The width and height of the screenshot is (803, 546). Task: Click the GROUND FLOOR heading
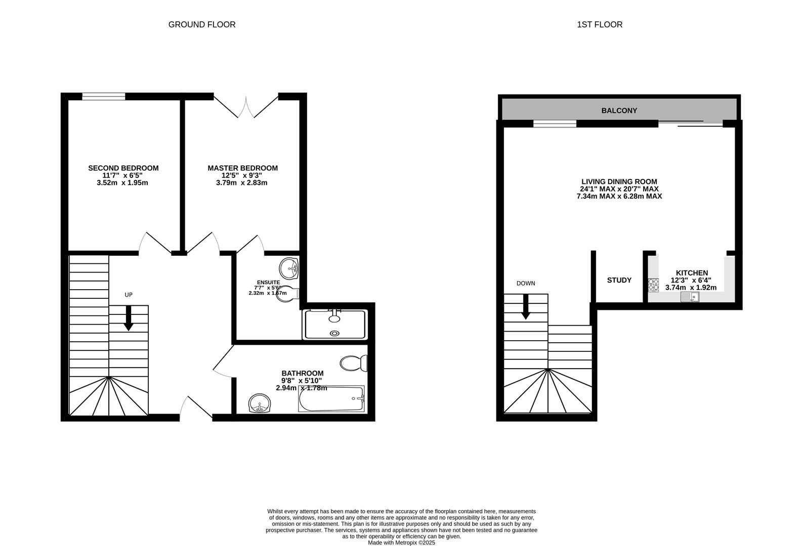pos(202,24)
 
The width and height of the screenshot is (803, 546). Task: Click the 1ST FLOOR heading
pos(600,24)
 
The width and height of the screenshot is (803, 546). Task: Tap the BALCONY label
pos(619,111)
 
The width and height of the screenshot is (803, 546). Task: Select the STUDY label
pos(619,280)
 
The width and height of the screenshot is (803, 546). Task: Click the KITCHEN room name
pos(692,273)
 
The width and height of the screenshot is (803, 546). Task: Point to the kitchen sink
pos(690,297)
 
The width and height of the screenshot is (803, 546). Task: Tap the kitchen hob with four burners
pos(653,285)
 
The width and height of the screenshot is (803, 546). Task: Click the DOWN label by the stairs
pos(526,284)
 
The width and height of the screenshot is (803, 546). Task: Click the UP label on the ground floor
pos(129,295)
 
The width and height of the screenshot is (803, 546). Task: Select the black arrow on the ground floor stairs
pos(129,318)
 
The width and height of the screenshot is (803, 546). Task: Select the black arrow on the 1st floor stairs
pos(526,307)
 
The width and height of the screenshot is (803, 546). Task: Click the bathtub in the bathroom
pos(331,399)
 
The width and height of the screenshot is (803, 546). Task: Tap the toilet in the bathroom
pos(354,363)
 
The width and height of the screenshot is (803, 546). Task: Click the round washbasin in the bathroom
pos(260,403)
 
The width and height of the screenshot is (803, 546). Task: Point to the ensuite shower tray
pos(334,325)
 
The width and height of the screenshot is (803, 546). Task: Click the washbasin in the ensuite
pos(289,268)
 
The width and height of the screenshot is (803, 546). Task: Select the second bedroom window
pos(104,97)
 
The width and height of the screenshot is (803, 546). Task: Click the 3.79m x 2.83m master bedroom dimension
pos(242,183)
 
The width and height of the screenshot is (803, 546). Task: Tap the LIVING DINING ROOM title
pos(619,181)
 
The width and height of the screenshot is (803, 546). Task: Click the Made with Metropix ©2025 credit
pos(402,543)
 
